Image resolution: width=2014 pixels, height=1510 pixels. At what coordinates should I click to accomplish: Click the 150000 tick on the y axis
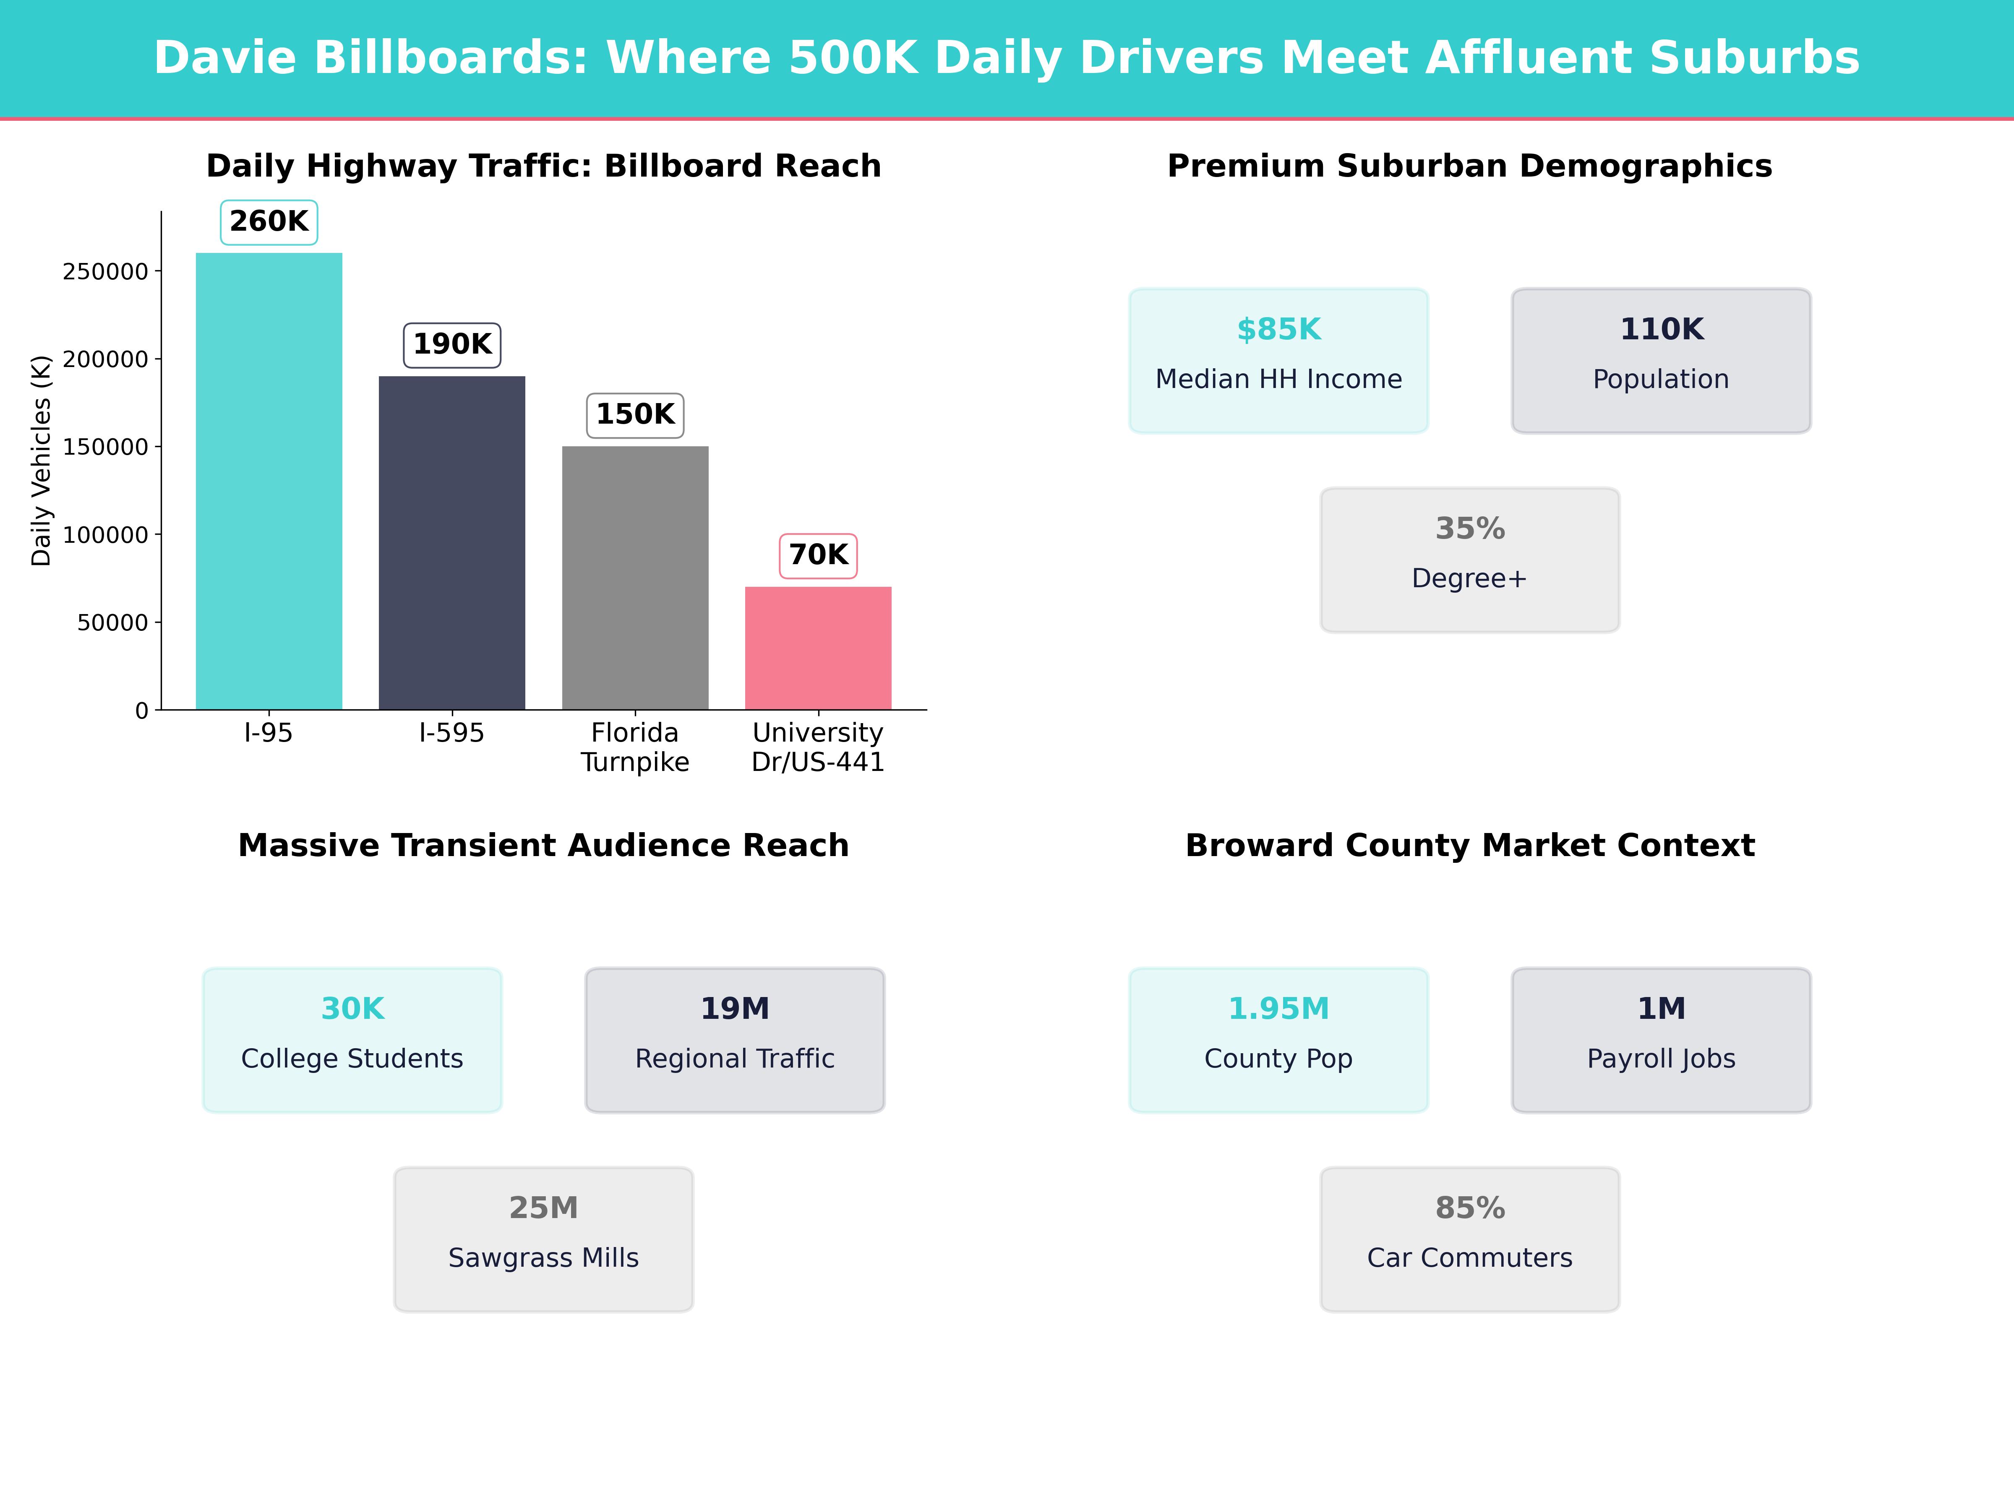(105, 447)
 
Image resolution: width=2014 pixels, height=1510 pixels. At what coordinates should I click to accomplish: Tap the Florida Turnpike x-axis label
(634, 747)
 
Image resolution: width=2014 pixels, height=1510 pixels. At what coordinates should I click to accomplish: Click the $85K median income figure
(1278, 330)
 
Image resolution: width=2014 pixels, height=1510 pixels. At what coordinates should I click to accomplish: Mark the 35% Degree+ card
(1469, 560)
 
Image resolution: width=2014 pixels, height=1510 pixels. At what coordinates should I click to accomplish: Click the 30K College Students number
(352, 1008)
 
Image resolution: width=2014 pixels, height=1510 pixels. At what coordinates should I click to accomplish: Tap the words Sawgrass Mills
(543, 1258)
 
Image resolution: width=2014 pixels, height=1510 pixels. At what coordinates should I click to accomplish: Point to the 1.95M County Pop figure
(1278, 1008)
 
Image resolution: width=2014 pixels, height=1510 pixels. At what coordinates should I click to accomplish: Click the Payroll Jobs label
(1661, 1059)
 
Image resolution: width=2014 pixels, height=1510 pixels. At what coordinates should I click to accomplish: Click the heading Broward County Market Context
(1469, 846)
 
